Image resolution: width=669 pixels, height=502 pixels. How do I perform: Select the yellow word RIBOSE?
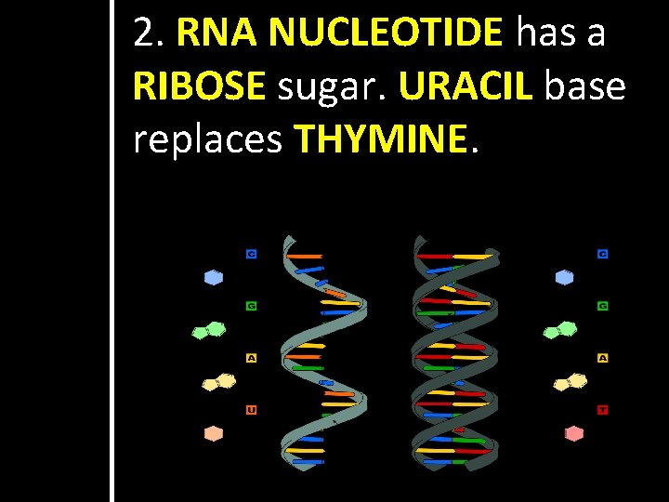(x=200, y=86)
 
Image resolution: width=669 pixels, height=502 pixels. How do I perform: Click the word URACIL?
(x=466, y=86)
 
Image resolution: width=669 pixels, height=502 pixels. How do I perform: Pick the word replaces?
(x=207, y=140)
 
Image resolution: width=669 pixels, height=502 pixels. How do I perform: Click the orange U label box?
(x=251, y=409)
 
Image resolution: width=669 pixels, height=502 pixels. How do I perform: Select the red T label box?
(x=603, y=409)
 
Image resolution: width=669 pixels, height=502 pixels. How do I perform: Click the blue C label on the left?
(x=251, y=253)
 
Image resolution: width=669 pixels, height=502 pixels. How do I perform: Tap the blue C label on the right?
(x=603, y=253)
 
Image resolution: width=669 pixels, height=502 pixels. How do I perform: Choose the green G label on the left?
(x=251, y=305)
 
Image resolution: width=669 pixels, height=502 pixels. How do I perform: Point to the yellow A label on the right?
(x=603, y=357)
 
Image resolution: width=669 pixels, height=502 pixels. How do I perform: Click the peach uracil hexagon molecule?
(x=214, y=433)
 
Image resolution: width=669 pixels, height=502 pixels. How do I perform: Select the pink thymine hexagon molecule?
(x=574, y=433)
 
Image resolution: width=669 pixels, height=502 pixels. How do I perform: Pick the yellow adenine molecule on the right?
(x=571, y=381)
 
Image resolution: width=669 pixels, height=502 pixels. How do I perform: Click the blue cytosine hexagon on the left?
(x=214, y=277)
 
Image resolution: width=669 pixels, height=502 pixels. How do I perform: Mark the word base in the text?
(x=585, y=86)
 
